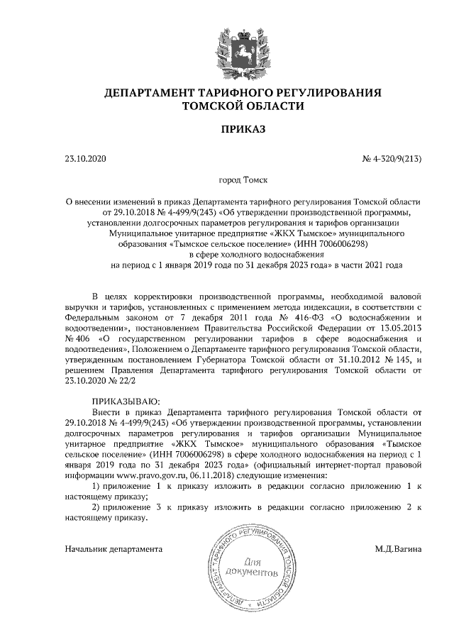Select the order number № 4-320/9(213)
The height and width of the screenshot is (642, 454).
[x=392, y=158]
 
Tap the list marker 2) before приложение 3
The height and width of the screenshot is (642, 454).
[x=98, y=508]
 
